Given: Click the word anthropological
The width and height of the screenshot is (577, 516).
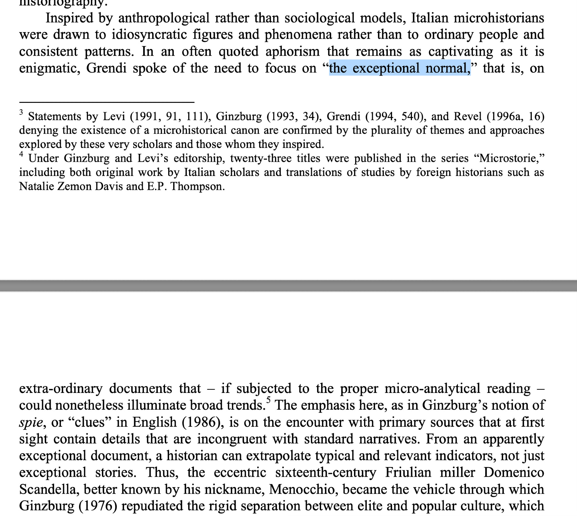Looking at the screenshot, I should (x=164, y=18).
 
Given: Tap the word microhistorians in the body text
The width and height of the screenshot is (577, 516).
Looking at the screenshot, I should (x=499, y=18).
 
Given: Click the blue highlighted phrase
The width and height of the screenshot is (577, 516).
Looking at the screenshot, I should (x=400, y=68).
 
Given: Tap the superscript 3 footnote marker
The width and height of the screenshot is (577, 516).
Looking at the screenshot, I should (x=21, y=112).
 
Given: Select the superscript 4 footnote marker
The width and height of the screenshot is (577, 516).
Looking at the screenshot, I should (x=21, y=154).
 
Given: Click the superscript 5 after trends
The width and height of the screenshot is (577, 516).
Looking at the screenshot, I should (x=269, y=400).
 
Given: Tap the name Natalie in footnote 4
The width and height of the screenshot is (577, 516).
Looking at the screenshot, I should (x=37, y=187).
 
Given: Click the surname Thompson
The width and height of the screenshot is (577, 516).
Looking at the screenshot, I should (x=197, y=187).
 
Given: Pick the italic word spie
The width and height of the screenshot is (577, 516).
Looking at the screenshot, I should (x=31, y=422).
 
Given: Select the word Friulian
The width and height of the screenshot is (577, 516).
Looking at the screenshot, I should (x=408, y=473).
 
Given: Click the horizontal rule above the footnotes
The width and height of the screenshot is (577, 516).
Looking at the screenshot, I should (x=107, y=102).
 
